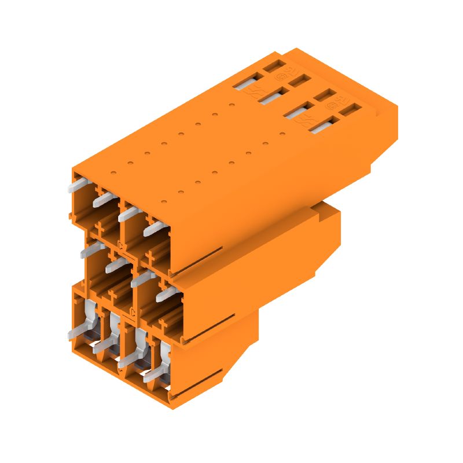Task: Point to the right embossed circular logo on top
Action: (333, 105)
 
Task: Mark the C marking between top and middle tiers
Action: (122, 247)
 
